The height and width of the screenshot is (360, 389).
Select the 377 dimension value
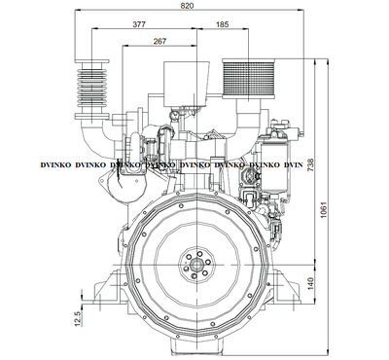[x=139, y=24]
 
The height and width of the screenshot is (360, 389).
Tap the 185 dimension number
[x=222, y=24]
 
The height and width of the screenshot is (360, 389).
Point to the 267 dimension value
[x=159, y=41]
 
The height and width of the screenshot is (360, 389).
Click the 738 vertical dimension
[x=310, y=166]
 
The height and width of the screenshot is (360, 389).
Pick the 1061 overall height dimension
[x=324, y=210]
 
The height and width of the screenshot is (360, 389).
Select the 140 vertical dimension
[x=310, y=284]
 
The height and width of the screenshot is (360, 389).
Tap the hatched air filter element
[x=248, y=78]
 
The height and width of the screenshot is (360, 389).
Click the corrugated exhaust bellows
[x=91, y=90]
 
